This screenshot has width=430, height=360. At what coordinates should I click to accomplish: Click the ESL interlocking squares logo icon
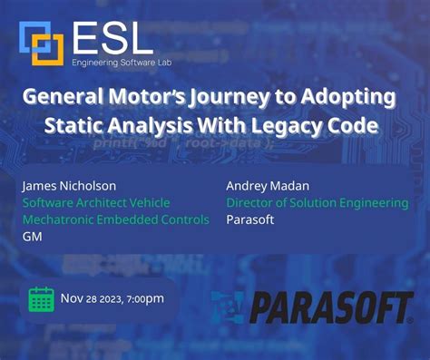42,42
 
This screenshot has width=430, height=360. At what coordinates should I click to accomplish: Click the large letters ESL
112,38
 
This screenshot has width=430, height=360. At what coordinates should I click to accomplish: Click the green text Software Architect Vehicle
95,203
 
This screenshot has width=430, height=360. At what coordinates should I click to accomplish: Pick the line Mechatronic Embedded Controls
115,219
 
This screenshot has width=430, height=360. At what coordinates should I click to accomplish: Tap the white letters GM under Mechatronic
32,236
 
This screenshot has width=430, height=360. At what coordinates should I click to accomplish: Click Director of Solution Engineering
317,203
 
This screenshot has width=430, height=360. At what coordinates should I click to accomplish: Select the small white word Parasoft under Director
251,219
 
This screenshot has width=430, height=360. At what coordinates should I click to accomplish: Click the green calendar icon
42,299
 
